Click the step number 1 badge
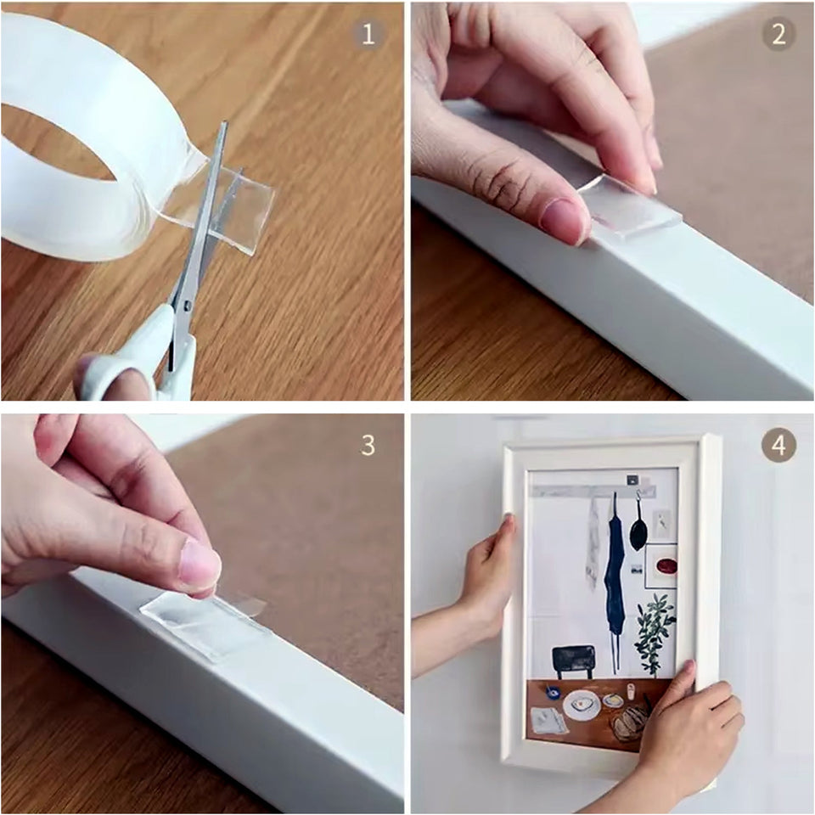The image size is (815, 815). click(x=368, y=34)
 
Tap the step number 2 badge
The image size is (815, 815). click(x=778, y=34)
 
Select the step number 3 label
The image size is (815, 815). click(x=368, y=445)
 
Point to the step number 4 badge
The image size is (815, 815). click(x=778, y=445)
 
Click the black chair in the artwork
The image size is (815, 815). click(x=574, y=660)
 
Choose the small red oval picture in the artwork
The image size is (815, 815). click(x=663, y=565)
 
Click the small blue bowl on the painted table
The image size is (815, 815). click(x=554, y=692)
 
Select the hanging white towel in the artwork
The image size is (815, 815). click(x=592, y=552)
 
